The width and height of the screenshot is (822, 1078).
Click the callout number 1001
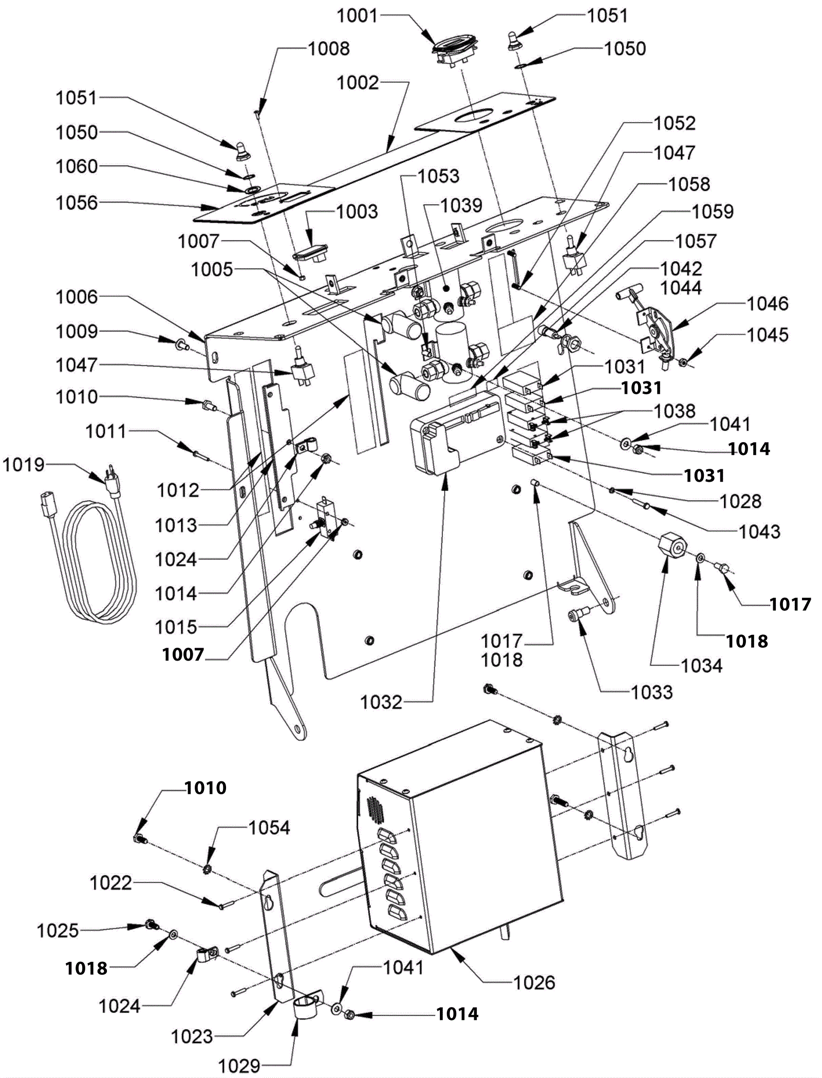[357, 15]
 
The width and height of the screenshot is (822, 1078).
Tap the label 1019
[24, 465]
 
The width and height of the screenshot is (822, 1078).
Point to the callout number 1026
[534, 982]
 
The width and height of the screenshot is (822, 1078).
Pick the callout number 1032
[381, 702]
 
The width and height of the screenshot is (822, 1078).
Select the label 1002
[358, 82]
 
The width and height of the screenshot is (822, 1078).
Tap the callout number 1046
[768, 303]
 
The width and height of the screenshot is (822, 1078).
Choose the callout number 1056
[77, 203]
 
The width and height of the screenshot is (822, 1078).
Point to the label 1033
[652, 692]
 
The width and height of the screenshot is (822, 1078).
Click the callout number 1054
[270, 828]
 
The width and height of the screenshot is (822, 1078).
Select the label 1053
[438, 176]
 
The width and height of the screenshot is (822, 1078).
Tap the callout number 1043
[760, 531]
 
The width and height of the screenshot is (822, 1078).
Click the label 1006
[77, 297]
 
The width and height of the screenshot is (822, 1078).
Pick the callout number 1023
[192, 1036]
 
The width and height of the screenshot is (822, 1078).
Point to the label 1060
[77, 166]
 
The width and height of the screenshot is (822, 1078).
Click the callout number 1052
[675, 123]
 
